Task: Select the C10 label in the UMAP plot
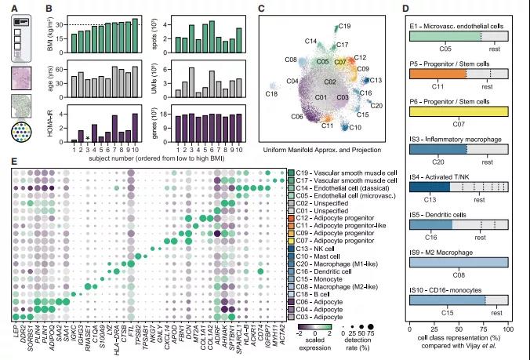coord(355,127)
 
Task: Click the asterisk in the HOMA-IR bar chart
coord(87,138)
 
